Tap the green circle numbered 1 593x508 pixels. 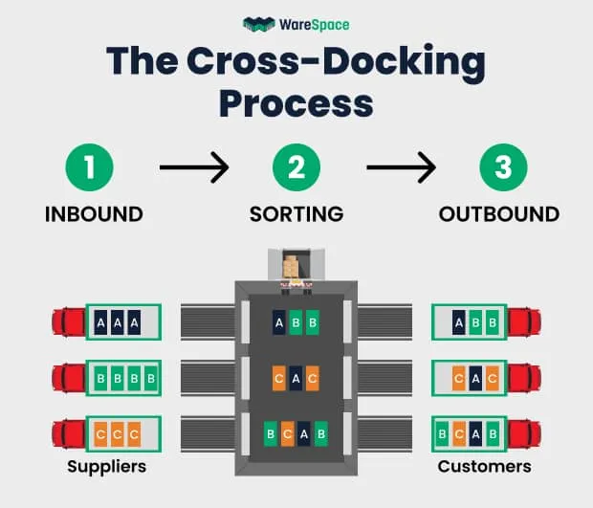tap(90, 168)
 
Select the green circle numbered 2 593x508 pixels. tap(296, 168)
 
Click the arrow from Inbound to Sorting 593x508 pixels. tap(194, 168)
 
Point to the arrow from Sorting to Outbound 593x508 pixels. tap(401, 168)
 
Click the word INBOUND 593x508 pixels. tap(94, 214)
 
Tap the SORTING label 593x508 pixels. tap(296, 214)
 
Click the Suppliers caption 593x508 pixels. tap(106, 467)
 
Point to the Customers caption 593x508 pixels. tap(484, 467)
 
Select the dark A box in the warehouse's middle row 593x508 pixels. tap(296, 378)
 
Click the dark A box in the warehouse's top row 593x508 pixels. tap(279, 323)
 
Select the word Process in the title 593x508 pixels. tap(296, 101)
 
